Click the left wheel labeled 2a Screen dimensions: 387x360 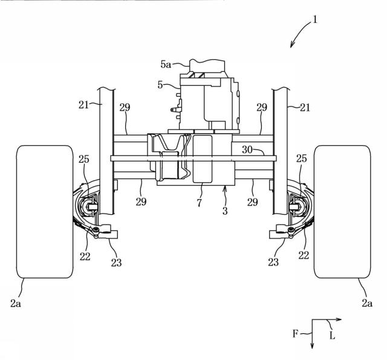[x=45, y=212]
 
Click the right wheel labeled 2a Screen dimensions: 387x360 [x=342, y=212]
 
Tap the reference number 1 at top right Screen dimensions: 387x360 [x=314, y=20]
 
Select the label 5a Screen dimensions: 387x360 [x=166, y=65]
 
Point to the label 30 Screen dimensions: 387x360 [x=247, y=149]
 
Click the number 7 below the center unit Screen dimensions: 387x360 [x=199, y=203]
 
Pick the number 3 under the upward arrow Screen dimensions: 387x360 [x=225, y=211]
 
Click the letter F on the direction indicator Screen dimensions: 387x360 [x=296, y=334]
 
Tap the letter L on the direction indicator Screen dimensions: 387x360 [x=332, y=336]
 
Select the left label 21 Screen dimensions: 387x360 [x=83, y=105]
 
